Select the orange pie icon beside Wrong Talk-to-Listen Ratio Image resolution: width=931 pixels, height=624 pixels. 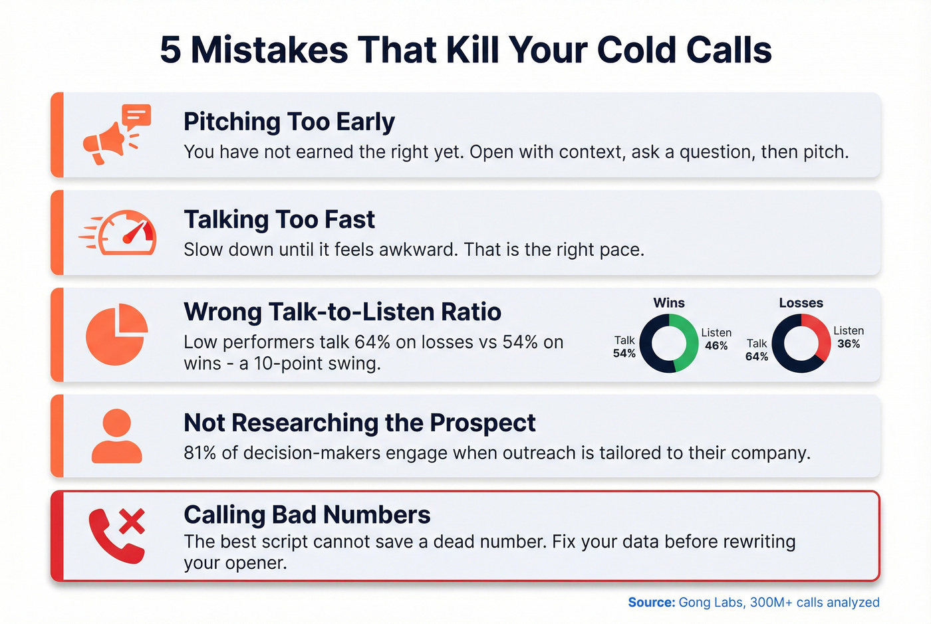point(116,334)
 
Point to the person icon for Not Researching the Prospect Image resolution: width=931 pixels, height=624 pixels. point(116,436)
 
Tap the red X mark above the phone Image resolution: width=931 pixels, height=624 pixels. point(132,522)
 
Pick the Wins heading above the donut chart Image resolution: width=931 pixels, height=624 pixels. point(668,303)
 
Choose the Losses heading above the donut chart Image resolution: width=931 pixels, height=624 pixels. point(801,303)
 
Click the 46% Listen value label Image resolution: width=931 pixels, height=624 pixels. point(716,346)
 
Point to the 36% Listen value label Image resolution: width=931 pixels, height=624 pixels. point(849,344)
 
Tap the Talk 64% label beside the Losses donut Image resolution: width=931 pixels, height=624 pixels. point(757,350)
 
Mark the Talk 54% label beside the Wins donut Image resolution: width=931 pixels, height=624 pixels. point(624,347)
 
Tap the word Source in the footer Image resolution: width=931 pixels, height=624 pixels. point(651,603)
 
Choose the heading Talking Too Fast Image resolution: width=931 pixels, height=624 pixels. point(279,219)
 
